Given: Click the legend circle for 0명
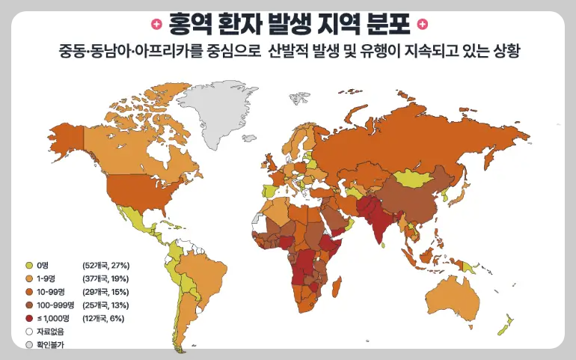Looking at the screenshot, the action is tap(29, 266).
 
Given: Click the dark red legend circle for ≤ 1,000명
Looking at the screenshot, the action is tap(29, 319).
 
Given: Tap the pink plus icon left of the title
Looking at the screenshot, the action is tap(155, 24).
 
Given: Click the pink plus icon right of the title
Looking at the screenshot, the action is tap(423, 24).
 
